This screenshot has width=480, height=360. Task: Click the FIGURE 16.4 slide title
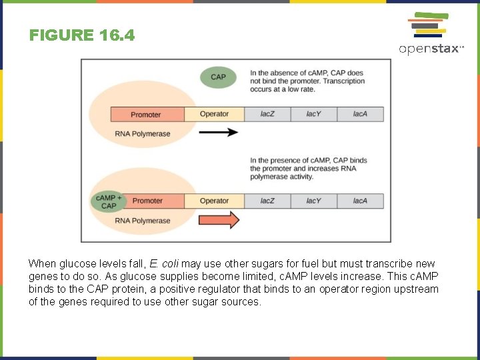(x=82, y=35)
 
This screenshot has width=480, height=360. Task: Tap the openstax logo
(x=431, y=33)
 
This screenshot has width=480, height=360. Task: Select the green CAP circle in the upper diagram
(x=218, y=77)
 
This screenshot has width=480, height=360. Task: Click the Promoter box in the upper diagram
(x=146, y=114)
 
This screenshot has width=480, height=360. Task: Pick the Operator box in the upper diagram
(x=214, y=114)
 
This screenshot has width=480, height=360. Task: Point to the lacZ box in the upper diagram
(x=267, y=114)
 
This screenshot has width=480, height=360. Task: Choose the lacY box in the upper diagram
(x=313, y=114)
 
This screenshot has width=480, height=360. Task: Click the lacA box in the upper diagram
(x=361, y=114)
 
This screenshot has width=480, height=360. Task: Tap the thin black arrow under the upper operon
(x=219, y=133)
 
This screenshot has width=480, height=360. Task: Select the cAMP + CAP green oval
(x=109, y=201)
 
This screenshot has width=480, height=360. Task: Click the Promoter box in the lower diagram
(x=147, y=201)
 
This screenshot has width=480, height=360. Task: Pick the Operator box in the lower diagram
(x=214, y=201)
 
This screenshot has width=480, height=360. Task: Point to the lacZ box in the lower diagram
(x=267, y=201)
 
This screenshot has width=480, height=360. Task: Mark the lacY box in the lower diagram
(x=313, y=201)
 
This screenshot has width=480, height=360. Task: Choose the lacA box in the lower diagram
(x=361, y=201)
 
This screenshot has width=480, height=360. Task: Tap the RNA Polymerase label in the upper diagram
(x=142, y=134)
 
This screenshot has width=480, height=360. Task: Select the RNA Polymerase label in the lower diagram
(x=142, y=221)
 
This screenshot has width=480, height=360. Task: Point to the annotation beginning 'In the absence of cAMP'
(x=307, y=81)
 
